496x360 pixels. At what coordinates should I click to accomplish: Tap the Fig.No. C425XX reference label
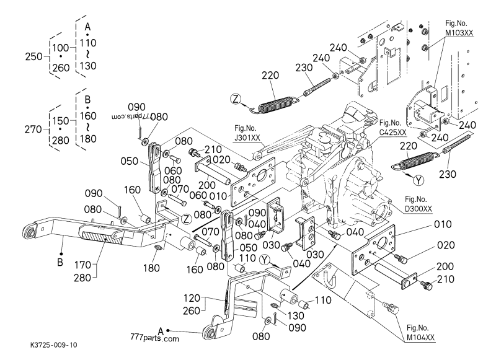392,128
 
